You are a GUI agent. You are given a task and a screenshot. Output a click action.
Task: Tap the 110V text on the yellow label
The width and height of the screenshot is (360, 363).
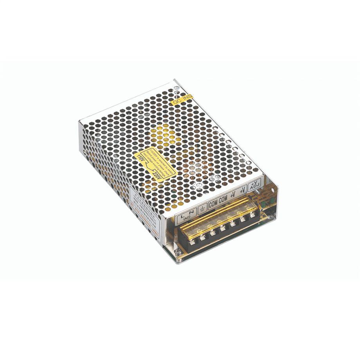pyautogui.click(x=140, y=159)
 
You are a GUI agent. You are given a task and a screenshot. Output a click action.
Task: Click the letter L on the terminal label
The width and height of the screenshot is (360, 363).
pyautogui.click(x=183, y=214)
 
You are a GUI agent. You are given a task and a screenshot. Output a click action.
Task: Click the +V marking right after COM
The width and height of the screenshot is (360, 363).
pyautogui.click(x=234, y=194)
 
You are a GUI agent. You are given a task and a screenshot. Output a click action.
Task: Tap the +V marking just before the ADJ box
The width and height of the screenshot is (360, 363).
pyautogui.click(x=243, y=190)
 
